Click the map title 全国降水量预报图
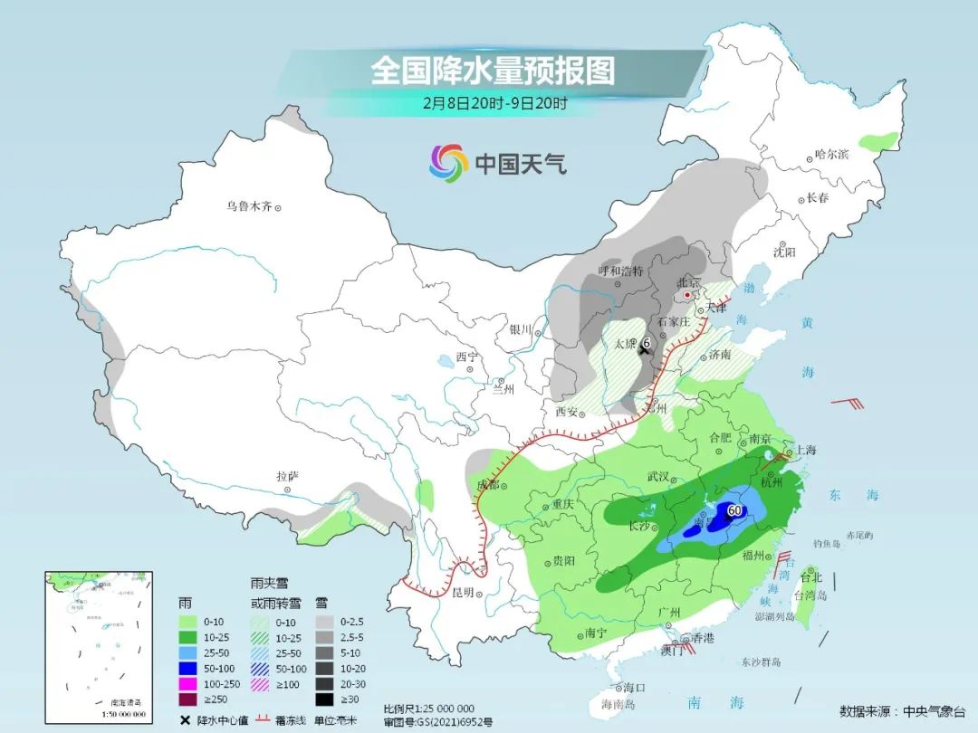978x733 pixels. (493, 71)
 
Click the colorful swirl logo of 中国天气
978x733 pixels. (448, 163)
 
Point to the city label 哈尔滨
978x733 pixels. (831, 155)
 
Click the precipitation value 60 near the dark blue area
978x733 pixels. (734, 510)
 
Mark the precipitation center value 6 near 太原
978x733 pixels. (647, 344)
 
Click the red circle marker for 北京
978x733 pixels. (688, 295)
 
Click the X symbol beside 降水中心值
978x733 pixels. (185, 719)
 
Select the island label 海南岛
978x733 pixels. (618, 703)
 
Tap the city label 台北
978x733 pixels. (810, 577)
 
